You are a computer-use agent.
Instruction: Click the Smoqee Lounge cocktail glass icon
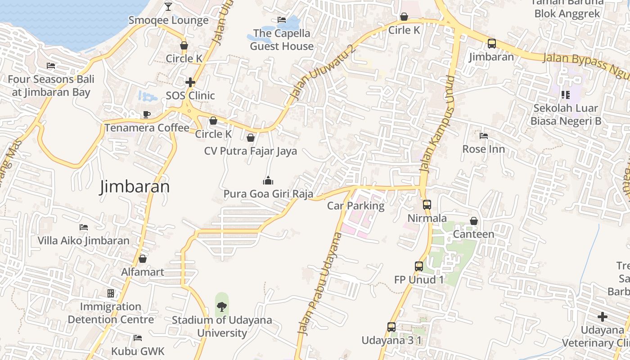168,6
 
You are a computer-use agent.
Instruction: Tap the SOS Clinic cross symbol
190,82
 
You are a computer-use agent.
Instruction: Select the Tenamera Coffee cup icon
146,114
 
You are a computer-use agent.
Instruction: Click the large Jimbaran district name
135,186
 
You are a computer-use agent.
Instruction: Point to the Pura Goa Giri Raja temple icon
268,181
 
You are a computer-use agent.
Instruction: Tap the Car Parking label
355,206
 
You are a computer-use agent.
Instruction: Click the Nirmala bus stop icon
427,205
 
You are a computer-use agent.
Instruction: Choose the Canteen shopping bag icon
473,221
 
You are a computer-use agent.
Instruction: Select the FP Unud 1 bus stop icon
419,266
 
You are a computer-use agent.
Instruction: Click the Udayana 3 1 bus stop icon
391,327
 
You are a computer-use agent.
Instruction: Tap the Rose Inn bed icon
484,135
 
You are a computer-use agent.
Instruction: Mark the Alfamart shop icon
143,259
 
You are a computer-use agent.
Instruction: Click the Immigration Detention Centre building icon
111,293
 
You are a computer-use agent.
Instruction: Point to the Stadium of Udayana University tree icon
221,307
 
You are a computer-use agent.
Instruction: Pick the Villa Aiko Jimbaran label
83,240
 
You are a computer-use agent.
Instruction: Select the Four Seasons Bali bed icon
51,66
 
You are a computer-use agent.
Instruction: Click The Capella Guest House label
282,40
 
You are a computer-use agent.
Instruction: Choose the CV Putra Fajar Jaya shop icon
251,138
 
